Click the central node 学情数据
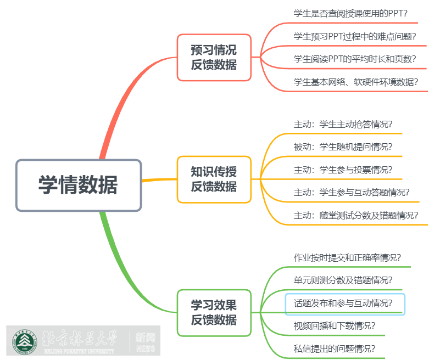click(79, 185)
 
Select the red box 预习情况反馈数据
click(214, 58)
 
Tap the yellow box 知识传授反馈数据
click(214, 179)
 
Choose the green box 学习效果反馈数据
click(214, 313)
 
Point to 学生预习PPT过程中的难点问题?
click(355, 37)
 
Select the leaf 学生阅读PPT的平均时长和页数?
click(355, 59)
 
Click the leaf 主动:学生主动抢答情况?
click(343, 124)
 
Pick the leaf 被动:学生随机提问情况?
click(343, 147)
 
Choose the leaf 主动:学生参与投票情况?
click(343, 170)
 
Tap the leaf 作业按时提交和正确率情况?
click(347, 257)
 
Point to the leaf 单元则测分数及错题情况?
click(343, 280)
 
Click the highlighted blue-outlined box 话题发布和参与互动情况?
click(345, 303)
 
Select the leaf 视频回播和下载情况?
click(335, 325)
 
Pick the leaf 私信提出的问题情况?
click(335, 348)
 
